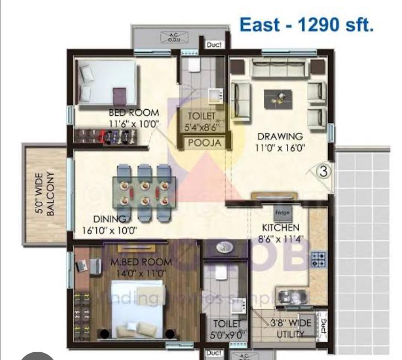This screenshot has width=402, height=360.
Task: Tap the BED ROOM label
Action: point(134,113)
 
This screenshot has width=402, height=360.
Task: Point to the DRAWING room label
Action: point(280,136)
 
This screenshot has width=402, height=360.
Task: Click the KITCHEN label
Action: point(280,227)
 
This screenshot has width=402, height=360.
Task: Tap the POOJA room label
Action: point(204,143)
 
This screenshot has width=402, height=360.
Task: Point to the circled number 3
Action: point(324,171)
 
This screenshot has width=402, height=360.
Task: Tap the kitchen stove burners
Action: point(318,259)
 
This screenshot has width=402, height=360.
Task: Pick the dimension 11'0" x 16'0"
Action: point(280,147)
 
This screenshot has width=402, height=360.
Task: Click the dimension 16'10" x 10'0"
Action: point(110,230)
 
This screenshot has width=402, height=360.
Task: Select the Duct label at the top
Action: point(214,45)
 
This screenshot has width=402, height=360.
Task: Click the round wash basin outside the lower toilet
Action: point(223,249)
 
